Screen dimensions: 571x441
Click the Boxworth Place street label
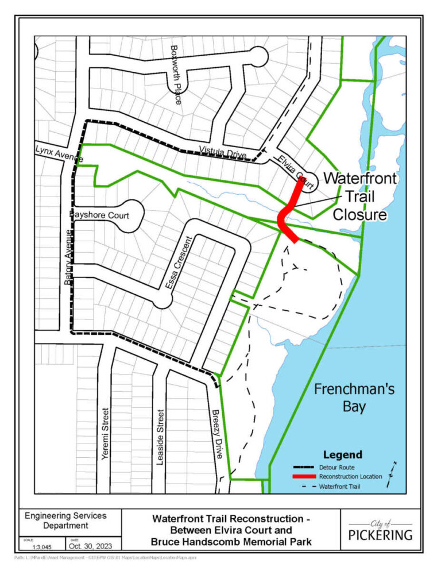(x=176, y=74)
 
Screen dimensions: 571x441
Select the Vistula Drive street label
(x=223, y=153)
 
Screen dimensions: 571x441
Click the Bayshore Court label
(x=99, y=215)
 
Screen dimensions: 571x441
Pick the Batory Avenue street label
(x=67, y=258)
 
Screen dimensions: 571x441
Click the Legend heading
(x=342, y=455)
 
